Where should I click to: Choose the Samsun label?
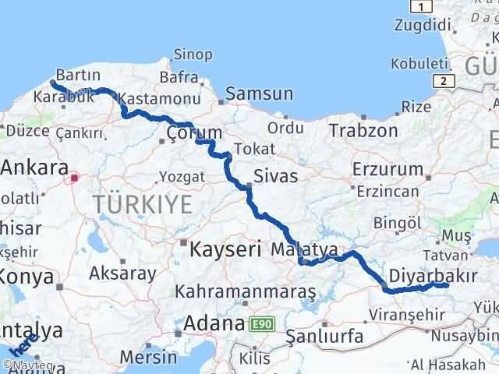pyautogui.click(x=260, y=94)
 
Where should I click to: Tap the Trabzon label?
pyautogui.click(x=363, y=129)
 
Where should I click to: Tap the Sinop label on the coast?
pyautogui.click(x=192, y=54)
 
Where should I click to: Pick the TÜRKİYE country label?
pyautogui.click(x=142, y=205)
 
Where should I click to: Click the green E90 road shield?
pyautogui.click(x=262, y=323)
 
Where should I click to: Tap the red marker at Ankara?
pyautogui.click(x=75, y=178)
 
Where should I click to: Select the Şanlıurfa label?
pyautogui.click(x=315, y=337)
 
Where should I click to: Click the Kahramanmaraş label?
pyautogui.click(x=246, y=292)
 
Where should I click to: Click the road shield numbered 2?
pyautogui.click(x=443, y=80)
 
